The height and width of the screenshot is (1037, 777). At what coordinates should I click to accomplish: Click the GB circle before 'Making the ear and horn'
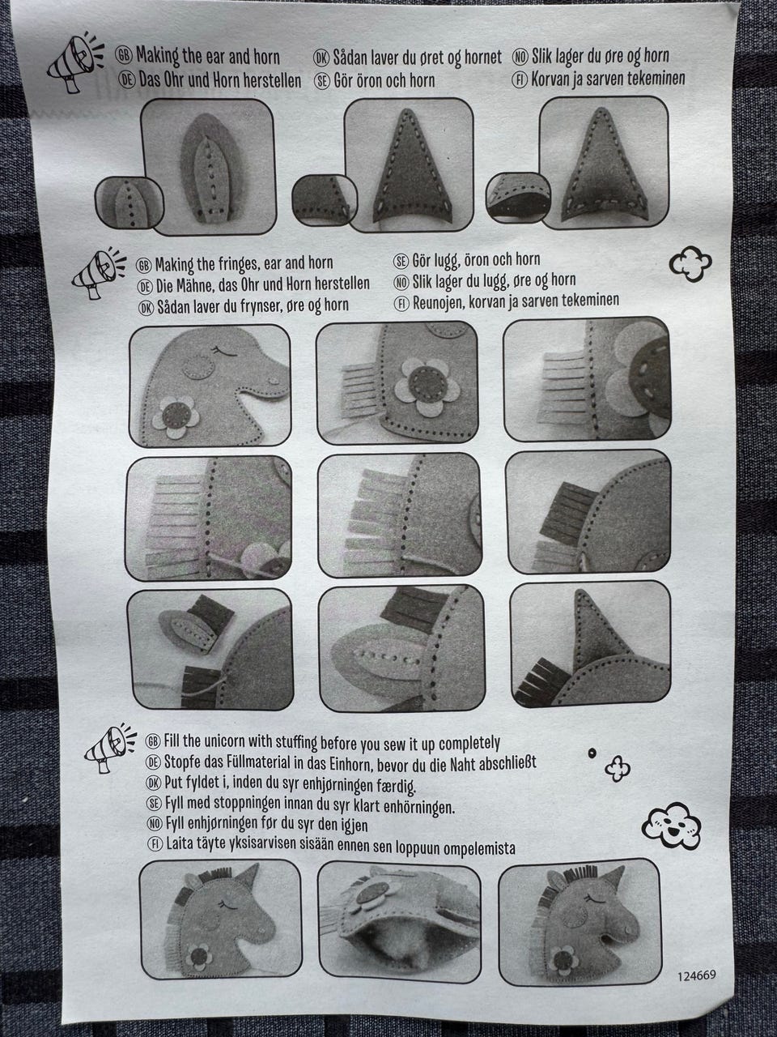pyautogui.click(x=124, y=56)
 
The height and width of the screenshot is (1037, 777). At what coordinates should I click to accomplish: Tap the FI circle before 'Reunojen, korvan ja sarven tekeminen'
pyautogui.click(x=402, y=303)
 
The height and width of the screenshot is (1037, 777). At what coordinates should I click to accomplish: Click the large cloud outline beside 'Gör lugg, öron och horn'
pyautogui.click(x=690, y=263)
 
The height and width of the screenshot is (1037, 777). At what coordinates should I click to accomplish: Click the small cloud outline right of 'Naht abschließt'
pyautogui.click(x=618, y=769)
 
